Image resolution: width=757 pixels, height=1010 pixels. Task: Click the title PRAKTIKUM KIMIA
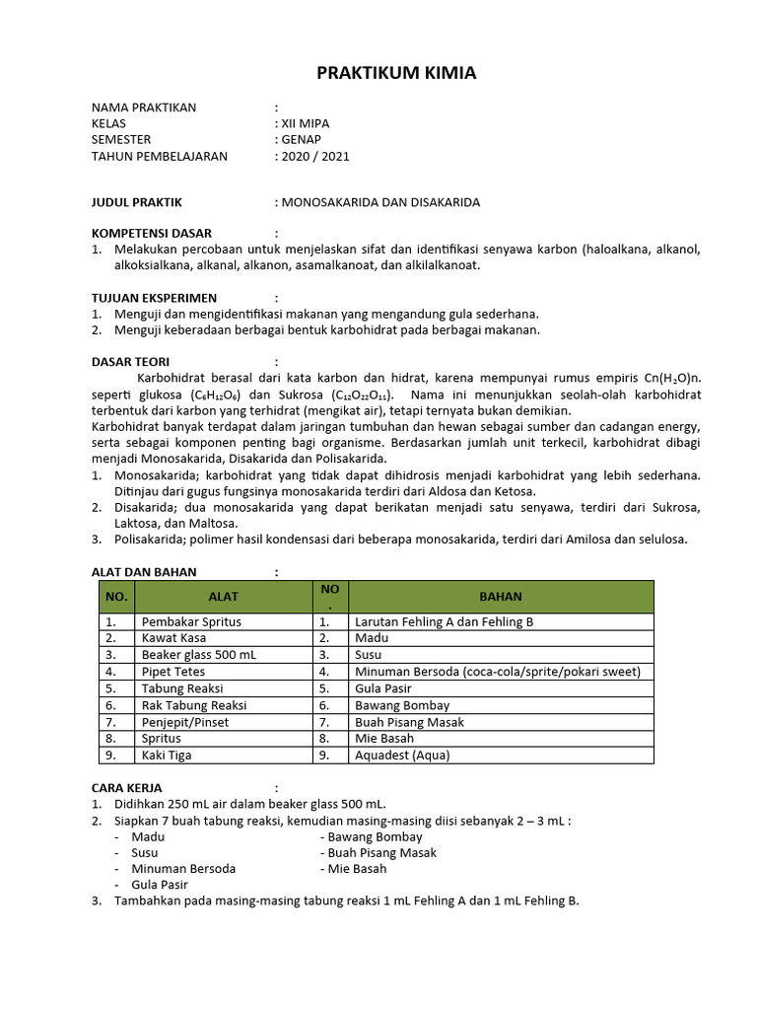click(381, 73)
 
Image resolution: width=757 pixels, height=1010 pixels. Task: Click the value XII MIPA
click(306, 123)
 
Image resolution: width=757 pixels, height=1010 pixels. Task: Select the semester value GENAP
click(302, 139)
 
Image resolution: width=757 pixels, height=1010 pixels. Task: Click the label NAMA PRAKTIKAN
click(144, 107)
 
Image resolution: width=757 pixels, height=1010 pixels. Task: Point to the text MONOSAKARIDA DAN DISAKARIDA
click(380, 202)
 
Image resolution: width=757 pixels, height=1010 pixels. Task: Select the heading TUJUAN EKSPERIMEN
click(154, 297)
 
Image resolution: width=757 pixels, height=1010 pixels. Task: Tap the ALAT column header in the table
click(223, 596)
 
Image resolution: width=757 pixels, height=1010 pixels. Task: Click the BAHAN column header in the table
click(501, 596)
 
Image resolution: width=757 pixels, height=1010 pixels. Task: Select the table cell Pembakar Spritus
click(191, 621)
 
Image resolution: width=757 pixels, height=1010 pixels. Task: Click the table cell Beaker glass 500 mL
click(198, 654)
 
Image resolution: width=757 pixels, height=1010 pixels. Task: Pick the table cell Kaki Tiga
click(167, 755)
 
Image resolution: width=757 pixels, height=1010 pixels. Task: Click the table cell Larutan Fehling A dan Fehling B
click(444, 621)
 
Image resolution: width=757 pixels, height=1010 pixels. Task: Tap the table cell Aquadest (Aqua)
click(401, 755)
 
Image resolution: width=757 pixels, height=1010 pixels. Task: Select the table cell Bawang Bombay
click(402, 705)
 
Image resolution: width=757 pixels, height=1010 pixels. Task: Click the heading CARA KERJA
click(126, 787)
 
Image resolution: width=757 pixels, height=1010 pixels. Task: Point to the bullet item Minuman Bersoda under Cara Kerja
click(183, 868)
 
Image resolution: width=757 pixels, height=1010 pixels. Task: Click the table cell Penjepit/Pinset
click(186, 721)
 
